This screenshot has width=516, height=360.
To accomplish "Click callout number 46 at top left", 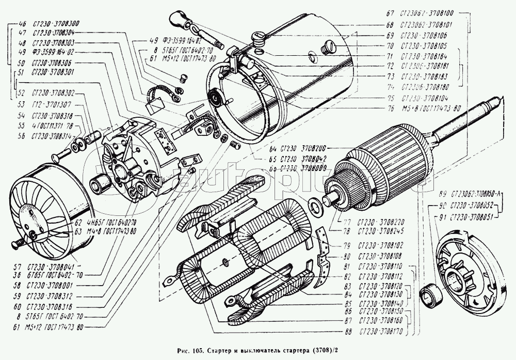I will coord(22,24).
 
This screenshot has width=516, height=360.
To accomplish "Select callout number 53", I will coord(22,103).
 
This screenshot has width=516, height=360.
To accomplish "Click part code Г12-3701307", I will coord(51,103).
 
